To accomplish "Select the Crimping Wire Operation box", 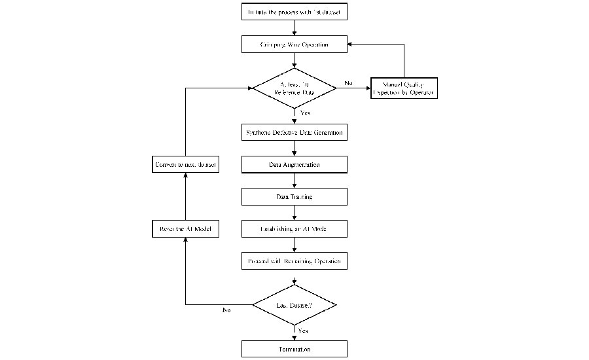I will coord(294,45).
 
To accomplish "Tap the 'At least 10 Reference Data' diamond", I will coord(294,88).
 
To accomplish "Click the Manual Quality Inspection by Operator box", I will coord(403,88).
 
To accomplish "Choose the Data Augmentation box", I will coord(294,164).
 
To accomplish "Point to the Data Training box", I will coord(294,196).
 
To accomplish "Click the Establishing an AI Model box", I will coord(294,228).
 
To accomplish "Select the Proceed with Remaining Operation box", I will coord(294,261).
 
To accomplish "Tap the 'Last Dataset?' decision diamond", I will coord(294,304).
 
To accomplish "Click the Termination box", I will coord(294,349).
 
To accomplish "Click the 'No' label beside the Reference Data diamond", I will coord(349,83).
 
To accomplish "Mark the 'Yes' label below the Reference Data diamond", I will coord(305,113).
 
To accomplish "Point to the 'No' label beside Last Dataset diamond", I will coord(226,310).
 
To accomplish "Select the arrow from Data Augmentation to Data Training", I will coord(294,180).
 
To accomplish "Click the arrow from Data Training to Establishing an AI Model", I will coord(294,213).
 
